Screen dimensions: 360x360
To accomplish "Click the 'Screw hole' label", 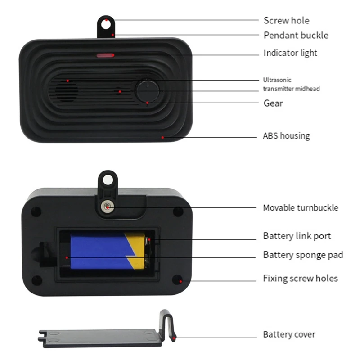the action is point(286,20).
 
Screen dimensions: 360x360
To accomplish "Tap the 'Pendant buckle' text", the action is point(296,35).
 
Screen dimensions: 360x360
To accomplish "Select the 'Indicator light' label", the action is point(290,53).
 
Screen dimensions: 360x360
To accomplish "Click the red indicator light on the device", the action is point(105,56).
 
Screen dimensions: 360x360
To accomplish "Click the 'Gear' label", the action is point(273,103).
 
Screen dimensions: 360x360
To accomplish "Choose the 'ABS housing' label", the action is point(286,135).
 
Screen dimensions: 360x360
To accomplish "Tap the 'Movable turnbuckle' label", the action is point(300,207).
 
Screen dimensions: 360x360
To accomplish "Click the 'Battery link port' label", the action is point(297,236).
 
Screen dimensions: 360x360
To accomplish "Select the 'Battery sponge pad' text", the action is point(303,255).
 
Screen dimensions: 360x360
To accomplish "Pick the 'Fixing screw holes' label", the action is point(300,278).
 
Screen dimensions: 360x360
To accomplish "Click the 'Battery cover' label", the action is point(289,334).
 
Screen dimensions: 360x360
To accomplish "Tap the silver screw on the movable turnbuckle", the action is point(107,207).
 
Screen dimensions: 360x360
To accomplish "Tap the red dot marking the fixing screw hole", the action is point(181,281).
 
